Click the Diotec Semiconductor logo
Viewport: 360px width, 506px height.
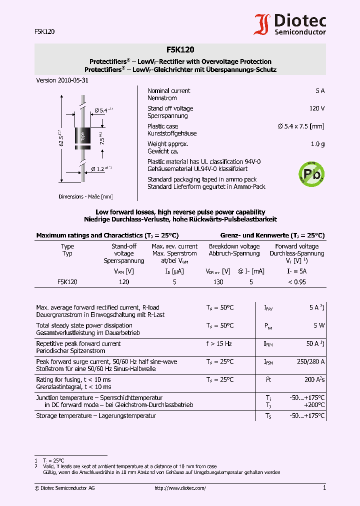pos(290,24)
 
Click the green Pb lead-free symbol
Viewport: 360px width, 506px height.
pos(311,173)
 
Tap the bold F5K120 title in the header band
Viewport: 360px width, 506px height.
pos(180,49)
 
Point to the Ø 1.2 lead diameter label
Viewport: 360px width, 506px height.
pos(102,168)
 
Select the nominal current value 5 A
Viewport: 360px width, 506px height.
pos(320,91)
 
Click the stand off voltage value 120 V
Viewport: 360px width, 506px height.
pos(316,108)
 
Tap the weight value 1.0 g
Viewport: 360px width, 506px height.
pos(317,144)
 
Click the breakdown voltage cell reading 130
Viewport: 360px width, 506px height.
pos(218,282)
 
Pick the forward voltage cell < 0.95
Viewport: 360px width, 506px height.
pos(296,282)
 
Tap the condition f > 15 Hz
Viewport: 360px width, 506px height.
pos(219,343)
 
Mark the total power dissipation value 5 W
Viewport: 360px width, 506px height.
pos(319,325)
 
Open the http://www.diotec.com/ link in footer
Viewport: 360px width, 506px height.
pos(180,488)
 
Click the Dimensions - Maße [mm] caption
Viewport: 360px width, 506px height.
pos(85,196)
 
